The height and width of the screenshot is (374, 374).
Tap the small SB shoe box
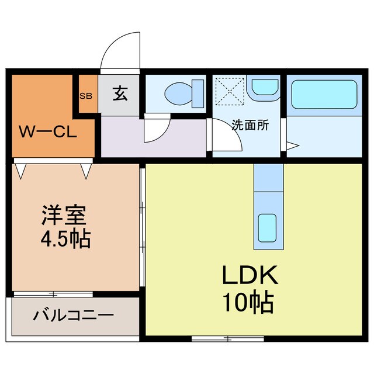tap(85, 95)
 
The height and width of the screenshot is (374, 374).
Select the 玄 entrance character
tap(120, 94)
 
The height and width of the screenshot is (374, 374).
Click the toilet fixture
tap(183, 92)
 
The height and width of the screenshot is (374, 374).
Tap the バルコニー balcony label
tap(73, 316)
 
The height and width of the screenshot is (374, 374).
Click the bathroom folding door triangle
tap(293, 144)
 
